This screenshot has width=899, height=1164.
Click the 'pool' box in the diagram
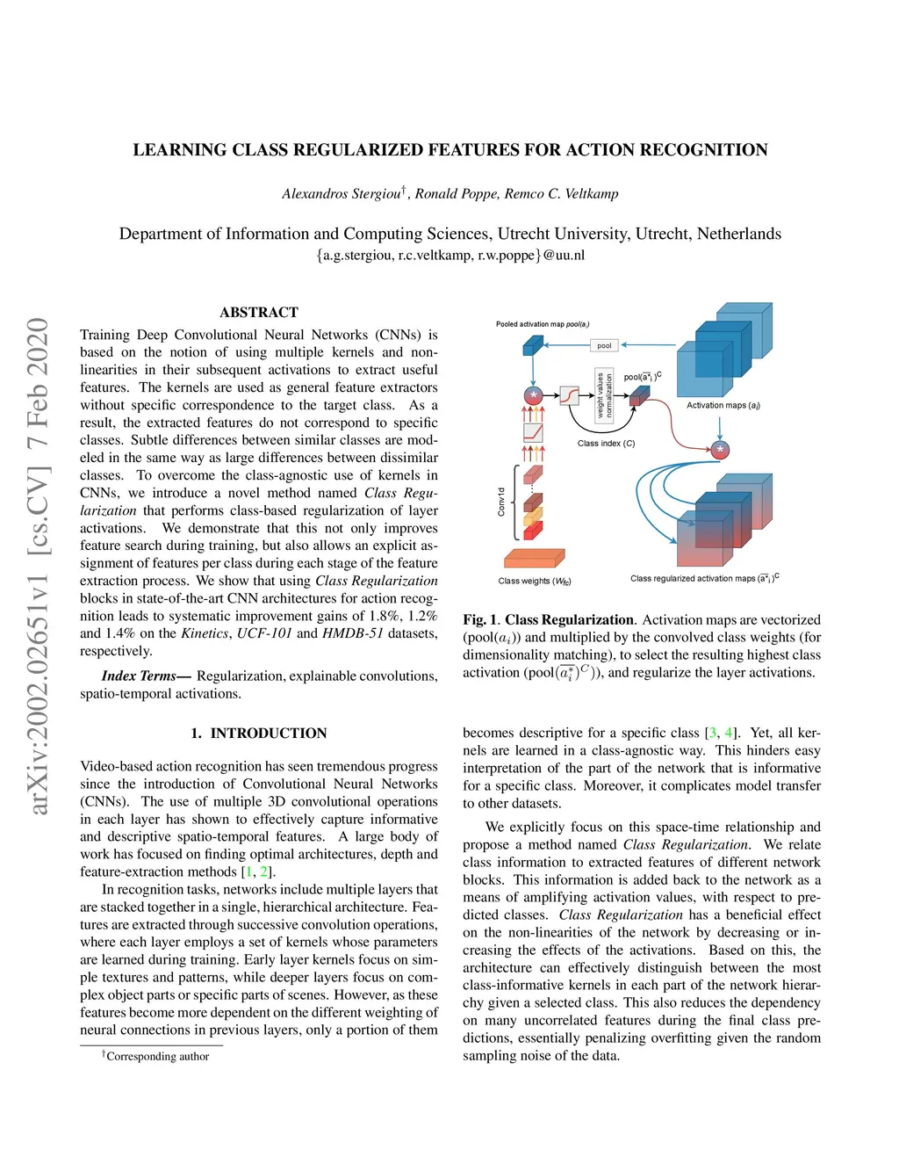(604, 345)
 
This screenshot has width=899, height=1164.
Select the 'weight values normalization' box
(604, 396)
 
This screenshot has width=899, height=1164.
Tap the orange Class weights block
(534, 558)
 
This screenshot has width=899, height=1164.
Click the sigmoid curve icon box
(570, 395)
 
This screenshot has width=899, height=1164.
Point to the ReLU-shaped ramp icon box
(533, 433)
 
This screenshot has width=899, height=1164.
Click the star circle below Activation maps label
(720, 450)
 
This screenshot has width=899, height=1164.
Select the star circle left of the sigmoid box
(533, 395)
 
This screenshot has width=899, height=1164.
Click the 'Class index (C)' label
(606, 444)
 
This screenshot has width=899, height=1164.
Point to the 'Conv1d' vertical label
(501, 502)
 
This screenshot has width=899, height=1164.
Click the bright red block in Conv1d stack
(533, 531)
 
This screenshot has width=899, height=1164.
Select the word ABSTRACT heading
(259, 313)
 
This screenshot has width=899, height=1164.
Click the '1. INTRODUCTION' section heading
(259, 734)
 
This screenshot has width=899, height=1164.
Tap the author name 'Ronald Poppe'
(455, 194)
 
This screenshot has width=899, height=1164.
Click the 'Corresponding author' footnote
(157, 1057)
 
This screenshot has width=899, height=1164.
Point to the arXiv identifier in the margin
(38, 566)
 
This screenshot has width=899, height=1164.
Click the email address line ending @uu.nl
(450, 256)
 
